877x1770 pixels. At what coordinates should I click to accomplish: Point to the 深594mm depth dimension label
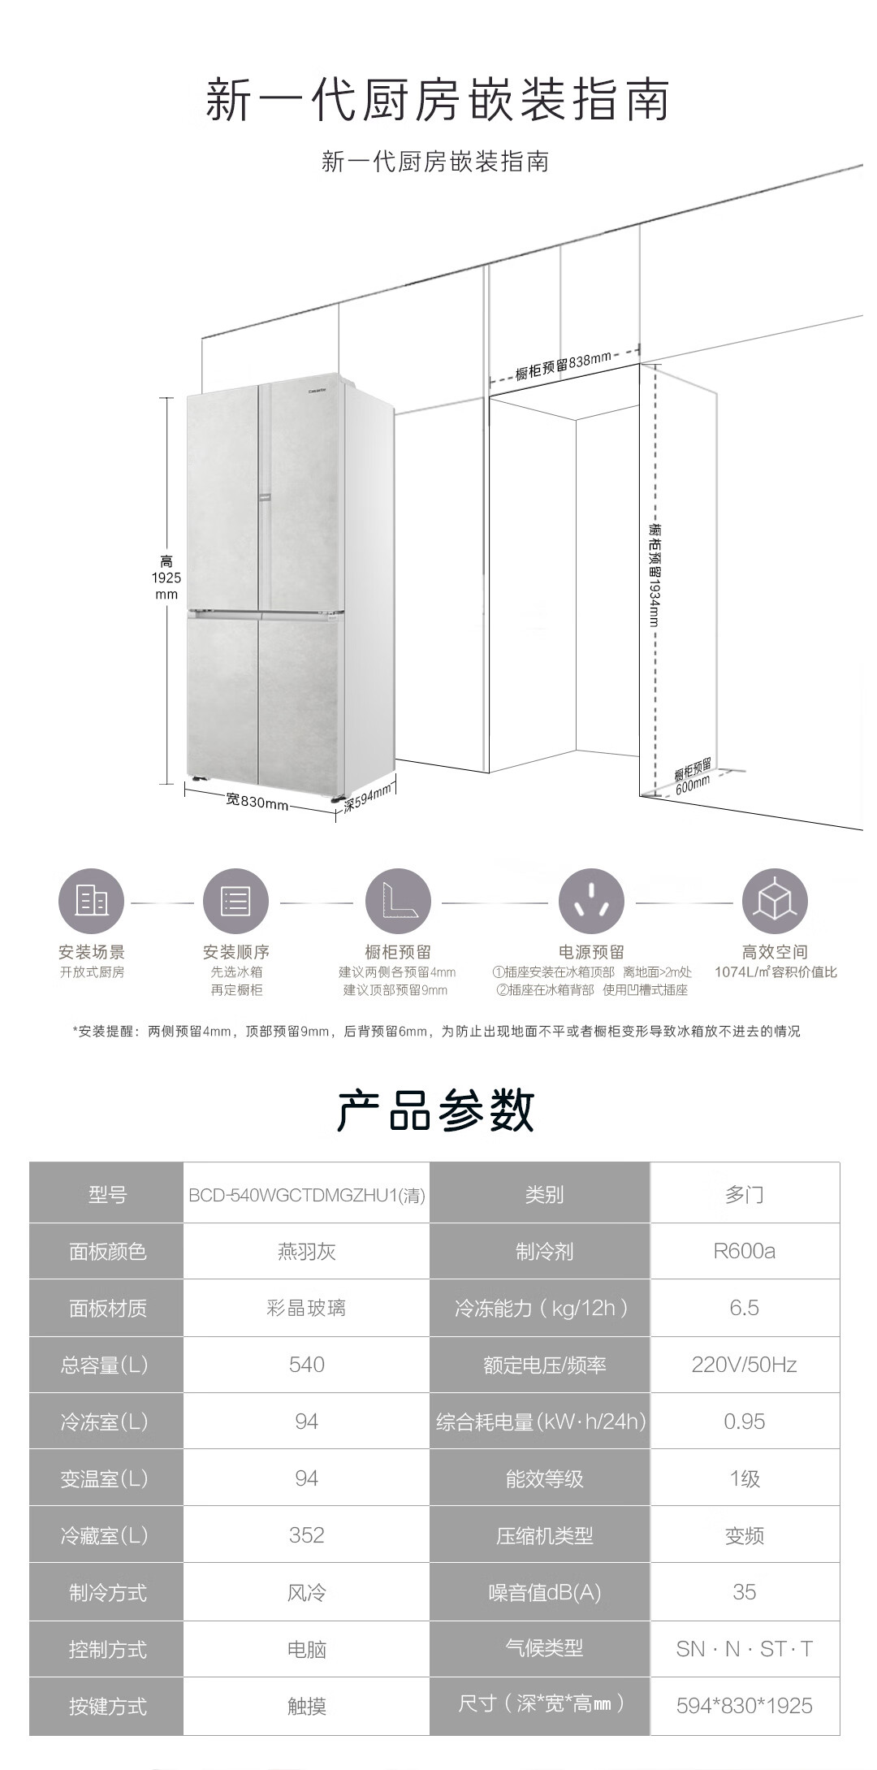(367, 797)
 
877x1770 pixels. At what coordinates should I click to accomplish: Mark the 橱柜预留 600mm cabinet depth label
(693, 775)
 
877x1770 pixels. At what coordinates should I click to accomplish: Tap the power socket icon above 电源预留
(591, 902)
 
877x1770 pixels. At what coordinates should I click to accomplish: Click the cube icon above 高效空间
(775, 902)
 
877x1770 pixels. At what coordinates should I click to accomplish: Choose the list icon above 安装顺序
(235, 902)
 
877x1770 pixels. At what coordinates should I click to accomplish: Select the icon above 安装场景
(91, 902)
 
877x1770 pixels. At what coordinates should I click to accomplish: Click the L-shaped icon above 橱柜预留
(398, 902)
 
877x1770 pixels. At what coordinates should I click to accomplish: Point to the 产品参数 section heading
(436, 1110)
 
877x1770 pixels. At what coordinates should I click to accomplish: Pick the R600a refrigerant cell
(745, 1251)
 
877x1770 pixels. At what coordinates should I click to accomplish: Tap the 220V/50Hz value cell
(745, 1365)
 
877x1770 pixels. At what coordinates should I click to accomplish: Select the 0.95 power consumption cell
(745, 1422)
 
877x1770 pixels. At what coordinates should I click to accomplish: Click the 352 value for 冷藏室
(307, 1534)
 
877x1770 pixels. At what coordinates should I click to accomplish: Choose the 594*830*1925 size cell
(745, 1705)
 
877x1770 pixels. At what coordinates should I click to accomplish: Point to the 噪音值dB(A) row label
(544, 1592)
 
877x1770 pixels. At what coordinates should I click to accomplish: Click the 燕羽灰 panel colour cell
(307, 1251)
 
